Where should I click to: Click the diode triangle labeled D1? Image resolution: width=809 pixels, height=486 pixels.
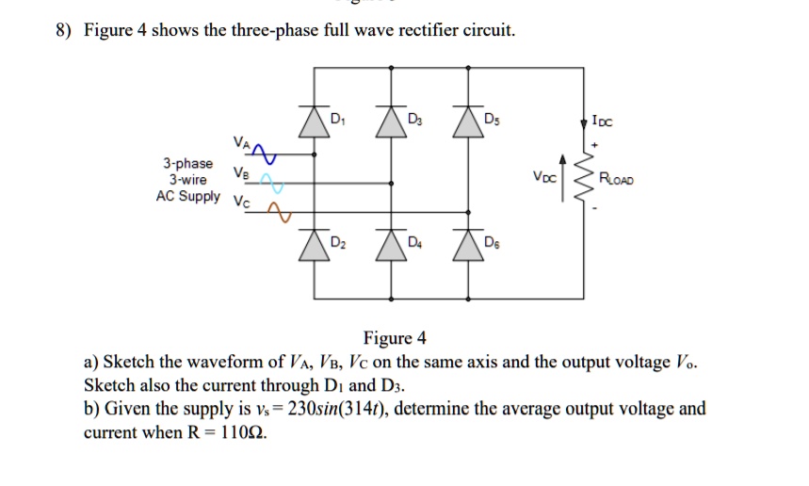[314, 122]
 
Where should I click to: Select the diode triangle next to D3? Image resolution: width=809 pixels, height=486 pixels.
[391, 122]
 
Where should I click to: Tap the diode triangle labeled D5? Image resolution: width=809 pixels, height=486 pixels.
[468, 122]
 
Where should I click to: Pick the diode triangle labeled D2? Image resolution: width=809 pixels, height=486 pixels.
[314, 246]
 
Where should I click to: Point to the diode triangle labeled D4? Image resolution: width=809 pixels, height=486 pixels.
[391, 246]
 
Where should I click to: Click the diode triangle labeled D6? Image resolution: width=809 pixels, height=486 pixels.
[468, 246]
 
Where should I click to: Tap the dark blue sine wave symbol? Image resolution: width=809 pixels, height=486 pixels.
[264, 154]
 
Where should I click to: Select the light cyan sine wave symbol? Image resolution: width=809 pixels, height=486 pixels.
[271, 183]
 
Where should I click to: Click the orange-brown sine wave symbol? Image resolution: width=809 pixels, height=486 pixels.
[279, 212]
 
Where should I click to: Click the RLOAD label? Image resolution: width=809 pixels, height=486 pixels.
[616, 179]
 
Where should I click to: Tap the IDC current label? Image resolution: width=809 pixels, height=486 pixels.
[602, 121]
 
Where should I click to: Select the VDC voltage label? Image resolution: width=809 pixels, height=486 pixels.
[544, 177]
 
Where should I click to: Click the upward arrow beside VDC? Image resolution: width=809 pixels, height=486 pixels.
[563, 177]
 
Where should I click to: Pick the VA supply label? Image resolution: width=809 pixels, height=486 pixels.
[241, 142]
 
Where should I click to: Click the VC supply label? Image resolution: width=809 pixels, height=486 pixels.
[241, 202]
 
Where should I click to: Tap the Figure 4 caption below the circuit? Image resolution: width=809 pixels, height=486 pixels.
[395, 338]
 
